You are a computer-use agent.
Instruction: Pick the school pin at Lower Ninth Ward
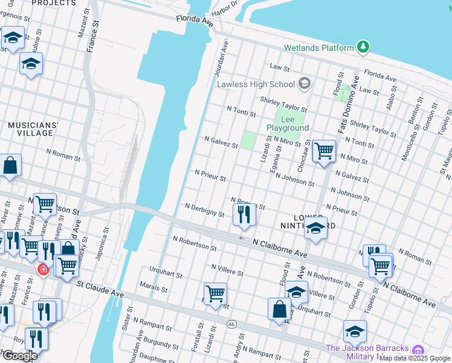point(315,229)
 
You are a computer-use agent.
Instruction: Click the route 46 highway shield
point(231,324)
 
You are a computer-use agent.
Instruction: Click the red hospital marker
point(43,269)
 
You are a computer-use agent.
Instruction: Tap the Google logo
point(20,356)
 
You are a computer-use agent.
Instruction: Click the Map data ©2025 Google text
point(415,358)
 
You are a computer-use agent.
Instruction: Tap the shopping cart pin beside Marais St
point(215,293)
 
